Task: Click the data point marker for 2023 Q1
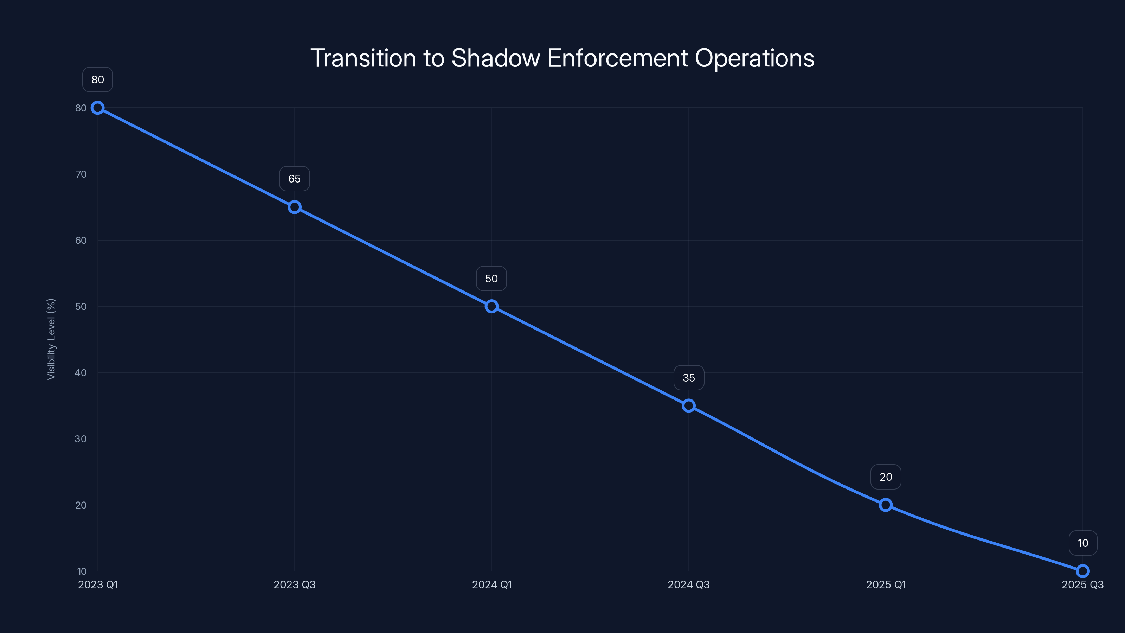point(97,108)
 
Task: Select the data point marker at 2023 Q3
point(294,207)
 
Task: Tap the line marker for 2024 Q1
point(491,306)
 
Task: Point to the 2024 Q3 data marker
point(689,405)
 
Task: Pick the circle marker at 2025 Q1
point(886,505)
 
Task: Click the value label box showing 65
point(294,179)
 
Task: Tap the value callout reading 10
point(1083,543)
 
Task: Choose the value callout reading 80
point(97,79)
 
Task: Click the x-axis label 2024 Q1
point(492,584)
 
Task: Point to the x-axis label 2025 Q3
point(1082,584)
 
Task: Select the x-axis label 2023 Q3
point(294,584)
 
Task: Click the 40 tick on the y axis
point(81,373)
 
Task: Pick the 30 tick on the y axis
point(81,439)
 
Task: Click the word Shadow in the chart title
point(495,58)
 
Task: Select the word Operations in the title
point(754,58)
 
